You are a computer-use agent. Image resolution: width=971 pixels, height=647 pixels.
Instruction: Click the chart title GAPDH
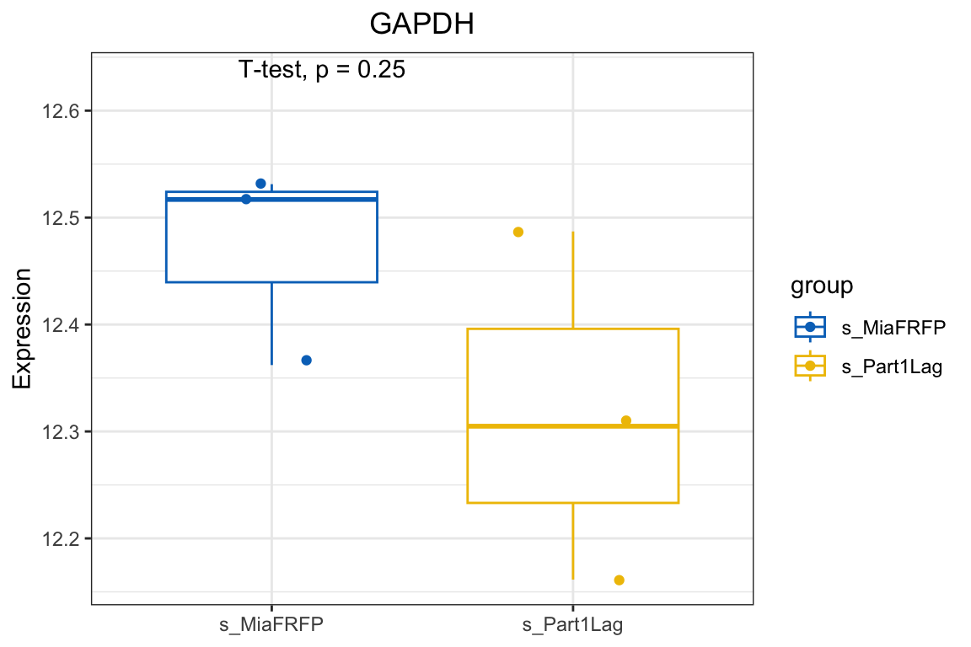click(x=421, y=24)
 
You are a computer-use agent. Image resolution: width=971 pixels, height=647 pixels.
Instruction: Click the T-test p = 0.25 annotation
click(x=321, y=70)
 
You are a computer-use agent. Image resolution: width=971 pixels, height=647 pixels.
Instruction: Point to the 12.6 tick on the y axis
click(x=56, y=111)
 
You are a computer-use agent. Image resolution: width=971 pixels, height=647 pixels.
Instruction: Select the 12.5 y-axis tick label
click(x=56, y=218)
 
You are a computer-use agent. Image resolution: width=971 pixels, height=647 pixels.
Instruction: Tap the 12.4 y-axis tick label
click(x=56, y=324)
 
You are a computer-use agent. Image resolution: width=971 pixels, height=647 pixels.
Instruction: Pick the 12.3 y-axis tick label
click(x=56, y=431)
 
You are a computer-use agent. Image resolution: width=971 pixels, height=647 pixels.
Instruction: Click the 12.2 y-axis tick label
click(x=56, y=538)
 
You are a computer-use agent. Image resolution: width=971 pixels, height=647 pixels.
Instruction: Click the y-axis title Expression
click(x=23, y=329)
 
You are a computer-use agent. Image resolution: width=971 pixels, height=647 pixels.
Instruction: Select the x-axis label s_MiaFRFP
click(x=271, y=625)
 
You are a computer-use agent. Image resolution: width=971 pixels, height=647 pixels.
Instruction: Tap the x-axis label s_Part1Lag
click(x=572, y=625)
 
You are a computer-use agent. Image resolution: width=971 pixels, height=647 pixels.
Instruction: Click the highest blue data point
click(x=260, y=184)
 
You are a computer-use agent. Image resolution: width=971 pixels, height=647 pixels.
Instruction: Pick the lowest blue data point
click(x=307, y=360)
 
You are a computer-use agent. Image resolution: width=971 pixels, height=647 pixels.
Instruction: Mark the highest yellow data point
click(x=518, y=232)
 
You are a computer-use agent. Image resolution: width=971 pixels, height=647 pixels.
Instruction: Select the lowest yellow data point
click(x=620, y=580)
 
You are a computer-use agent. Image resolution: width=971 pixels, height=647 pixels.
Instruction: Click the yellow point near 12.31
click(x=626, y=420)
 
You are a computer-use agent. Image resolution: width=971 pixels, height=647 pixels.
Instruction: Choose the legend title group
click(x=822, y=286)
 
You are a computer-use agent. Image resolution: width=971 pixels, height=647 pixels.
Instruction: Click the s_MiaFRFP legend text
click(x=893, y=327)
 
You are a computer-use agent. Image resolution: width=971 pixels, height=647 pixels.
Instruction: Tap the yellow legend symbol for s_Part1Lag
click(x=810, y=366)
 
